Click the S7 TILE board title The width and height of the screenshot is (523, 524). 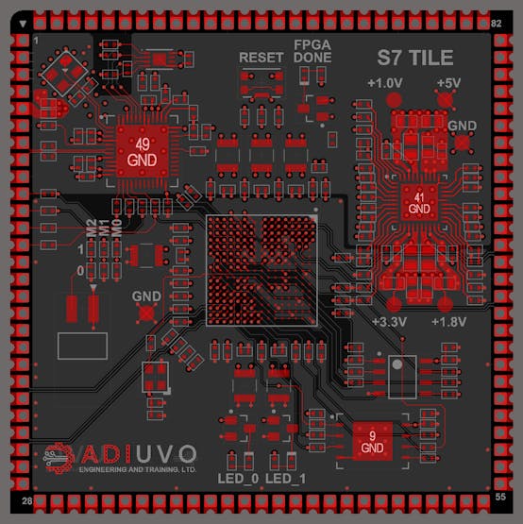(x=415, y=58)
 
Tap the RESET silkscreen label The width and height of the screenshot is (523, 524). (x=261, y=58)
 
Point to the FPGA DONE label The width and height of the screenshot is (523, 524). (x=312, y=51)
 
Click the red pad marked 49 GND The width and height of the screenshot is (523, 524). (x=142, y=151)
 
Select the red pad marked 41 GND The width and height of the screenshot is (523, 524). (x=419, y=202)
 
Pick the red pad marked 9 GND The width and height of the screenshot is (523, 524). (x=372, y=441)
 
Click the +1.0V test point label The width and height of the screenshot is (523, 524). (x=384, y=83)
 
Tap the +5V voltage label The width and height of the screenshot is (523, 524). (x=448, y=83)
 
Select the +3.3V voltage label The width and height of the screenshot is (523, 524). (x=389, y=322)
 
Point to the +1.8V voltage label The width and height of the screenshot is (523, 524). (x=448, y=322)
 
